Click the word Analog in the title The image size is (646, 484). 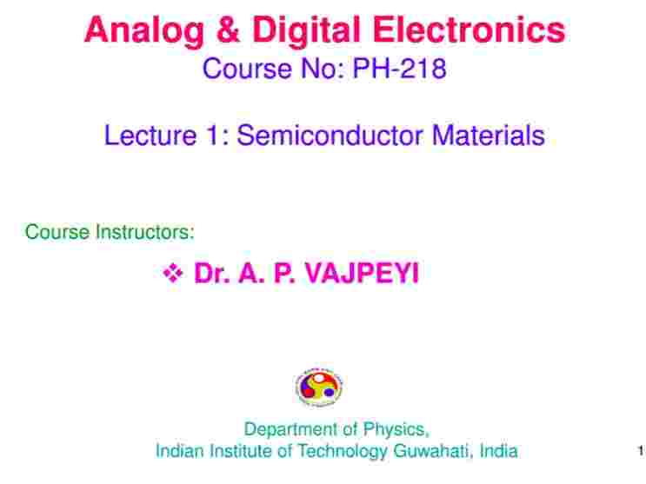tap(143, 32)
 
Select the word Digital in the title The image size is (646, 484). tap(307, 32)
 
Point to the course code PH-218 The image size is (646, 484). tap(400, 69)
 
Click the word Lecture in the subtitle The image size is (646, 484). tap(150, 136)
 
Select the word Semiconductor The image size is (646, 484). tap(330, 136)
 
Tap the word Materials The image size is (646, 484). tap(489, 136)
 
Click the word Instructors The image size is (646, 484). tap(144, 232)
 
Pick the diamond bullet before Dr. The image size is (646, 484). tap(173, 273)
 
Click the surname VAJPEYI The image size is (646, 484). tap(362, 273)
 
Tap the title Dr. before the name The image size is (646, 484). tap(212, 273)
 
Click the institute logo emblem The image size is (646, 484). tap(319, 387)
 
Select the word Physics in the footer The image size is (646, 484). tap(396, 430)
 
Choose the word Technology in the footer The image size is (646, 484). tap(342, 452)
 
